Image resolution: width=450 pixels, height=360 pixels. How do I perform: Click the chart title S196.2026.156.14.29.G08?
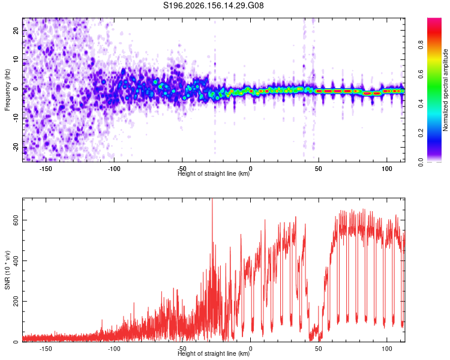[x=213, y=5]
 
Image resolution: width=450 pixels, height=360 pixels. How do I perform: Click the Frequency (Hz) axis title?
[x=7, y=90]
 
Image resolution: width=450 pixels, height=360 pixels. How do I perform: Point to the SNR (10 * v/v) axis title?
[x=7, y=270]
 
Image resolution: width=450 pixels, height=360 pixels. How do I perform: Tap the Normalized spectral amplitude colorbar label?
[x=445, y=90]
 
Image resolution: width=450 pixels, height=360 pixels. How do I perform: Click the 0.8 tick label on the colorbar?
[x=421, y=45]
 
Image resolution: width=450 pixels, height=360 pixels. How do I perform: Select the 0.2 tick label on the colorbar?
[x=421, y=133]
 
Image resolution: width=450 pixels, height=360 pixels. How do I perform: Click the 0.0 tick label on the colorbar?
[x=421, y=162]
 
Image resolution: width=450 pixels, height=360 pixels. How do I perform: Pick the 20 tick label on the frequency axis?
[x=16, y=31]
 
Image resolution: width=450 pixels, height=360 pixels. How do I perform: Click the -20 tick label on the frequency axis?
[x=16, y=148]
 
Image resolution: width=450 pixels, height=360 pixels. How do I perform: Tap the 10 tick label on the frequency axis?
[x=16, y=60]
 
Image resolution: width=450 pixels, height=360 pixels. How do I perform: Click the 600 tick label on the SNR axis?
[x=16, y=220]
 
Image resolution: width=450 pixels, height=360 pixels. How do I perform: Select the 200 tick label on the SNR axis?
[x=16, y=301]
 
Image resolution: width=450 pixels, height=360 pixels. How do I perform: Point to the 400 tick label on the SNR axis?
[x=16, y=260]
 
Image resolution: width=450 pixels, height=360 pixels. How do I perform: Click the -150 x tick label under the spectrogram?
[x=46, y=169]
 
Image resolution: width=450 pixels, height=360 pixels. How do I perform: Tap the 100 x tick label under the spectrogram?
[x=387, y=169]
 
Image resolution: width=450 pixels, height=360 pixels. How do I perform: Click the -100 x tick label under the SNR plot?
[x=114, y=349]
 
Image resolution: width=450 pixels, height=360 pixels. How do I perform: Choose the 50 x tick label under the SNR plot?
[x=319, y=349]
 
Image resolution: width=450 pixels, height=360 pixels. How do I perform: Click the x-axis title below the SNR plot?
[x=214, y=353]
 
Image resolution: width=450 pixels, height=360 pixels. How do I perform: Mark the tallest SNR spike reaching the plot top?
[x=212, y=201]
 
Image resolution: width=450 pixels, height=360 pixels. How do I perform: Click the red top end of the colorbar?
[x=434, y=20]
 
